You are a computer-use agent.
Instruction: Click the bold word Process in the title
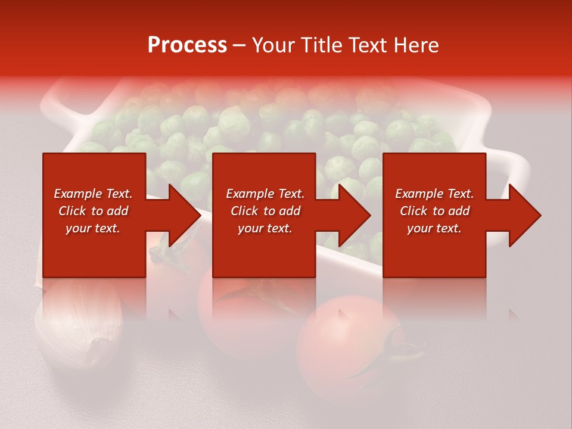pos(187,45)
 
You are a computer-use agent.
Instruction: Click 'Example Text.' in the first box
pos(93,194)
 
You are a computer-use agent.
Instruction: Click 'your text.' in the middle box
pos(265,228)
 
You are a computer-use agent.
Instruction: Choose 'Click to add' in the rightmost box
pos(434,211)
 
